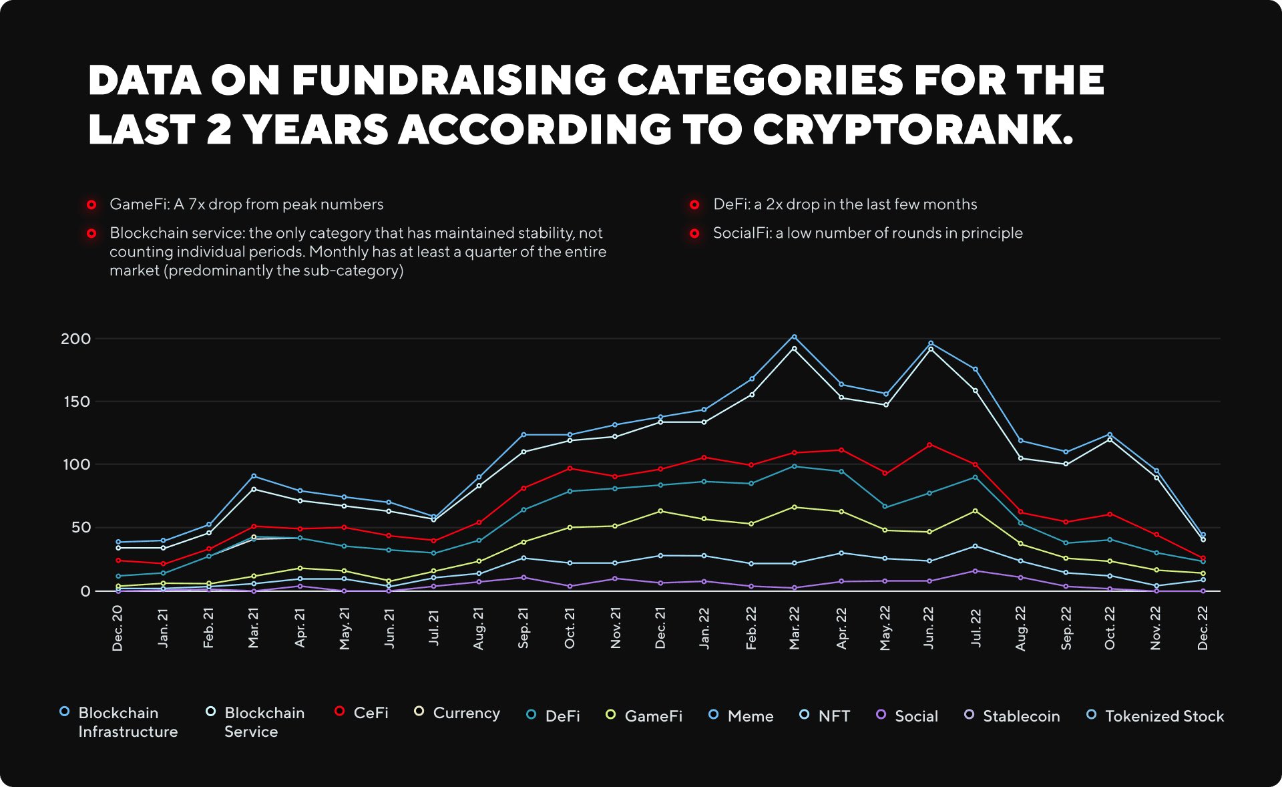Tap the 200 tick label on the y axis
click(75, 339)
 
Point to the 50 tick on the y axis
click(80, 528)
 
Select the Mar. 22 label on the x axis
click(794, 628)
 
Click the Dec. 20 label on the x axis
click(118, 628)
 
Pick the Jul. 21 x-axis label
click(434, 628)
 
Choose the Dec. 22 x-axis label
click(1203, 628)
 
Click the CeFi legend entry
click(371, 713)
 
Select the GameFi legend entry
click(653, 716)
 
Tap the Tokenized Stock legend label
click(1164, 716)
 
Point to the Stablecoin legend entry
click(1021, 716)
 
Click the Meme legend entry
click(750, 716)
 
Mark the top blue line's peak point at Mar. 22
click(794, 337)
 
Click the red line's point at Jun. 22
click(930, 444)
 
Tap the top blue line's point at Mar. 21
click(254, 476)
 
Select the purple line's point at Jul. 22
click(976, 571)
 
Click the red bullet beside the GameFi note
click(91, 204)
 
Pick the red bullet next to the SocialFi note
click(694, 233)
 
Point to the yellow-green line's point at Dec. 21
click(660, 511)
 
